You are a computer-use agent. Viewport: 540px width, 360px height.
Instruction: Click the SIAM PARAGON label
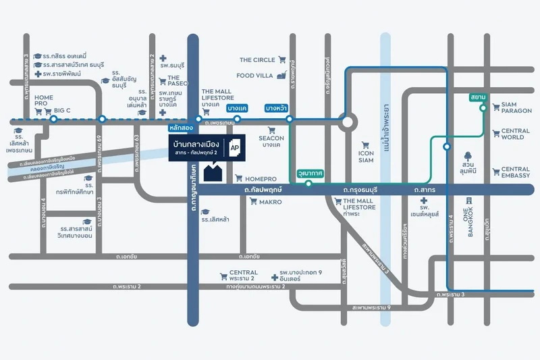516,108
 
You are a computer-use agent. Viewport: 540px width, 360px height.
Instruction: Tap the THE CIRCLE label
256,59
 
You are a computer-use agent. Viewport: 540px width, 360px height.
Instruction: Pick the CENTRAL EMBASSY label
516,173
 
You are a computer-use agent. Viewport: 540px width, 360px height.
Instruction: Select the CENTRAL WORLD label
516,134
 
